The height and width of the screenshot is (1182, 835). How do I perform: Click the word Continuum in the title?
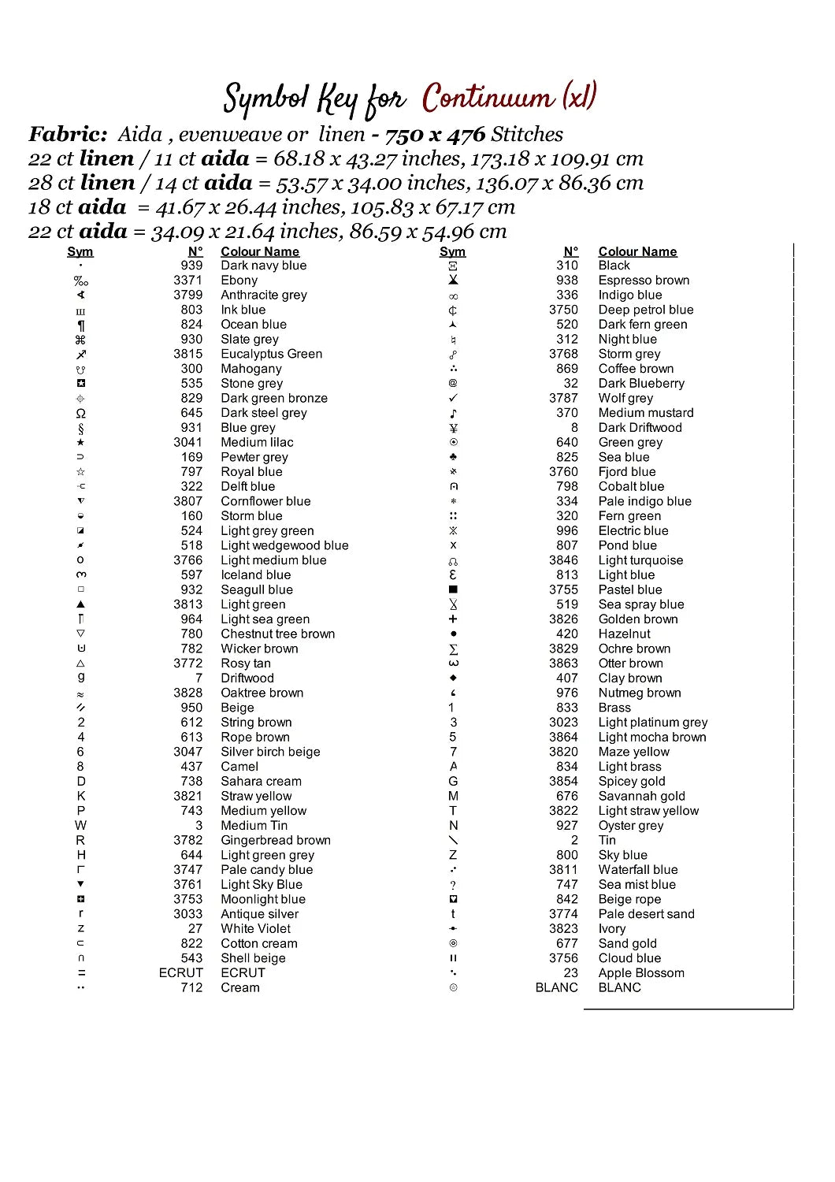pyautogui.click(x=488, y=98)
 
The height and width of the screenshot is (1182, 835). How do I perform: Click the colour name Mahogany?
pyautogui.click(x=250, y=369)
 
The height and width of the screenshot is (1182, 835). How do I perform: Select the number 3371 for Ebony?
pyautogui.click(x=187, y=281)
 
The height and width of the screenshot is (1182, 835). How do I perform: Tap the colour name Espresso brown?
pyautogui.click(x=644, y=281)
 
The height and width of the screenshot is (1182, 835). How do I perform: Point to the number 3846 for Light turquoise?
pyautogui.click(x=563, y=560)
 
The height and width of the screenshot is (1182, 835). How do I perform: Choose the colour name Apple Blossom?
pyautogui.click(x=641, y=973)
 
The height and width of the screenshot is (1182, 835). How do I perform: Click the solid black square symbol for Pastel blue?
pyautogui.click(x=453, y=589)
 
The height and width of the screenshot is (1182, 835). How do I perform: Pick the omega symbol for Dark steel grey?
pyautogui.click(x=80, y=414)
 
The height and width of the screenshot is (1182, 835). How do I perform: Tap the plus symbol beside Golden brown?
pyautogui.click(x=453, y=619)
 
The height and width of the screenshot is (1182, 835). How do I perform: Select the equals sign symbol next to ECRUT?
pyautogui.click(x=81, y=973)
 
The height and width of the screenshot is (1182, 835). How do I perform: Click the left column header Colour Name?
pyautogui.click(x=260, y=252)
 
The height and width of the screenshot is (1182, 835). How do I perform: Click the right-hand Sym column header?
pyautogui.click(x=452, y=252)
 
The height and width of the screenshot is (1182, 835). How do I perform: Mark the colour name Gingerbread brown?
pyautogui.click(x=276, y=841)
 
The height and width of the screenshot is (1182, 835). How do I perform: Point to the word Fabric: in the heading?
pyautogui.click(x=68, y=135)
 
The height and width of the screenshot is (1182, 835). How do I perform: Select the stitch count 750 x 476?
pyautogui.click(x=435, y=135)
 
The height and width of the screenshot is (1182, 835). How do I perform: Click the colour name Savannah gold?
pyautogui.click(x=641, y=797)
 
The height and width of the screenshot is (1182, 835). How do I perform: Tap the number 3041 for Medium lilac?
pyautogui.click(x=187, y=443)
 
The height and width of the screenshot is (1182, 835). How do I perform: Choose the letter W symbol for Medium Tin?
pyautogui.click(x=80, y=826)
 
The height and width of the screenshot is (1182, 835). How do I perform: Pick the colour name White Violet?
pyautogui.click(x=255, y=929)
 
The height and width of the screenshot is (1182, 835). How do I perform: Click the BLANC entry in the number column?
pyautogui.click(x=556, y=988)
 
